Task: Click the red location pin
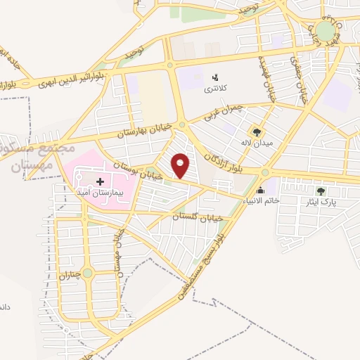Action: [181, 165]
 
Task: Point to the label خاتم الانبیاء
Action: [260, 201]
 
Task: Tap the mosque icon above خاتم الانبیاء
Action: [261, 190]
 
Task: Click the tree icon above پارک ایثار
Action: [321, 191]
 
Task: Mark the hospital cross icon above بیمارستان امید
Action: [100, 181]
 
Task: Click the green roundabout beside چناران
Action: [87, 273]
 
